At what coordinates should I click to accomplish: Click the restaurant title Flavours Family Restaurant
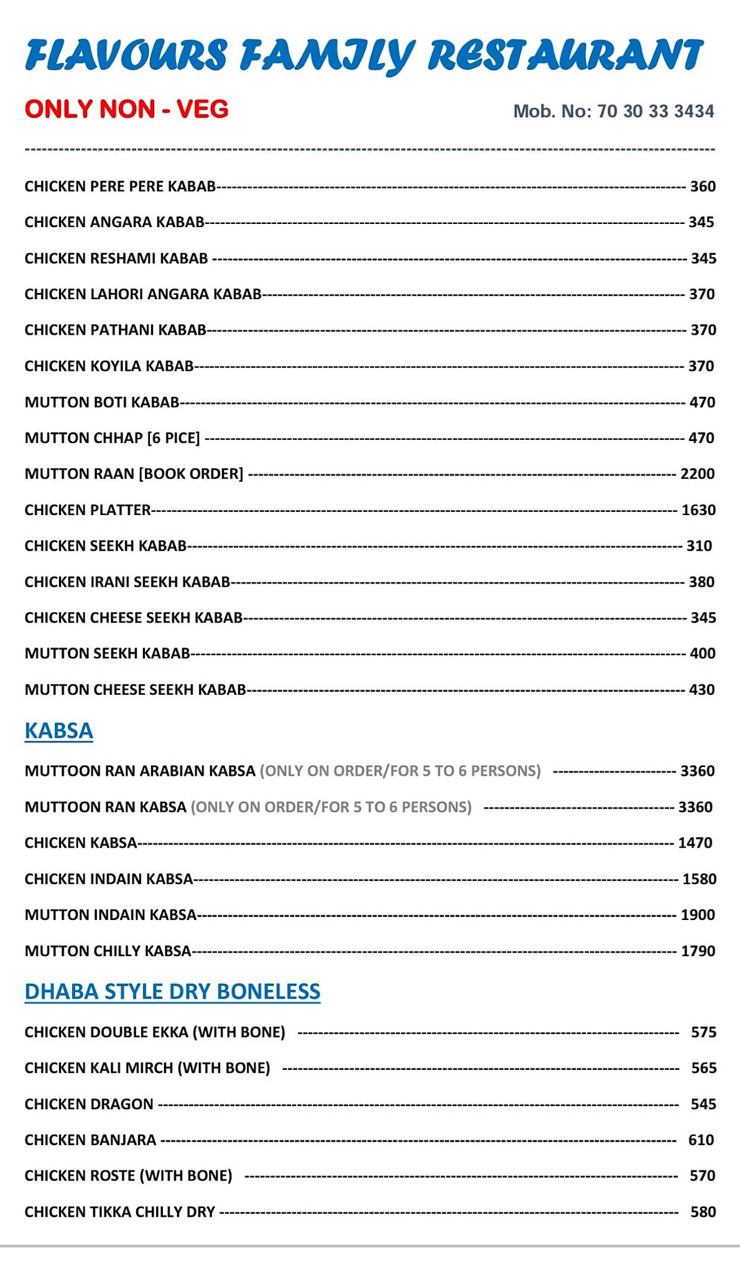point(364,56)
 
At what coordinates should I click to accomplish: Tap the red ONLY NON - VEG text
point(127,109)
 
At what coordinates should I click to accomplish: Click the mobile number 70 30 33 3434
point(655,111)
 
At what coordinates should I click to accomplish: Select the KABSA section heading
point(59,730)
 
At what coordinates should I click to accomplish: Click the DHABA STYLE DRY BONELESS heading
point(172,991)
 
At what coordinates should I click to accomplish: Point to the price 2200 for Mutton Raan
point(698,474)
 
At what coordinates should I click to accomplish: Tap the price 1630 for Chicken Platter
point(698,510)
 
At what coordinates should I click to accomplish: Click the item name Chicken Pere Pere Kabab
point(120,187)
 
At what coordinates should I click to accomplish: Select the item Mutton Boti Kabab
point(102,402)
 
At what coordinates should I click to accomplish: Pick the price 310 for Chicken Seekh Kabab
point(699,546)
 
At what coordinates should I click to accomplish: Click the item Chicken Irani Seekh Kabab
point(127,582)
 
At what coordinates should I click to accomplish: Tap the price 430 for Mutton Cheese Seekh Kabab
point(702,690)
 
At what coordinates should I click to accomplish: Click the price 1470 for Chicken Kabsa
point(695,843)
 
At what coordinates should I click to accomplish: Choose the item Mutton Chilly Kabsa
point(108,951)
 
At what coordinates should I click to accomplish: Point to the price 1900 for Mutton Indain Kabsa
point(698,915)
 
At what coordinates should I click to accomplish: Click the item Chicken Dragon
point(89,1104)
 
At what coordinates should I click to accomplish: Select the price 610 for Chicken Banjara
point(701,1140)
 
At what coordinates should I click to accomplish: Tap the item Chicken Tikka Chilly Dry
point(120,1212)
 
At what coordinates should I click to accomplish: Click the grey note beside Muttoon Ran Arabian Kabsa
point(400,771)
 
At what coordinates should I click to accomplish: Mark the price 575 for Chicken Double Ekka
point(704,1033)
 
